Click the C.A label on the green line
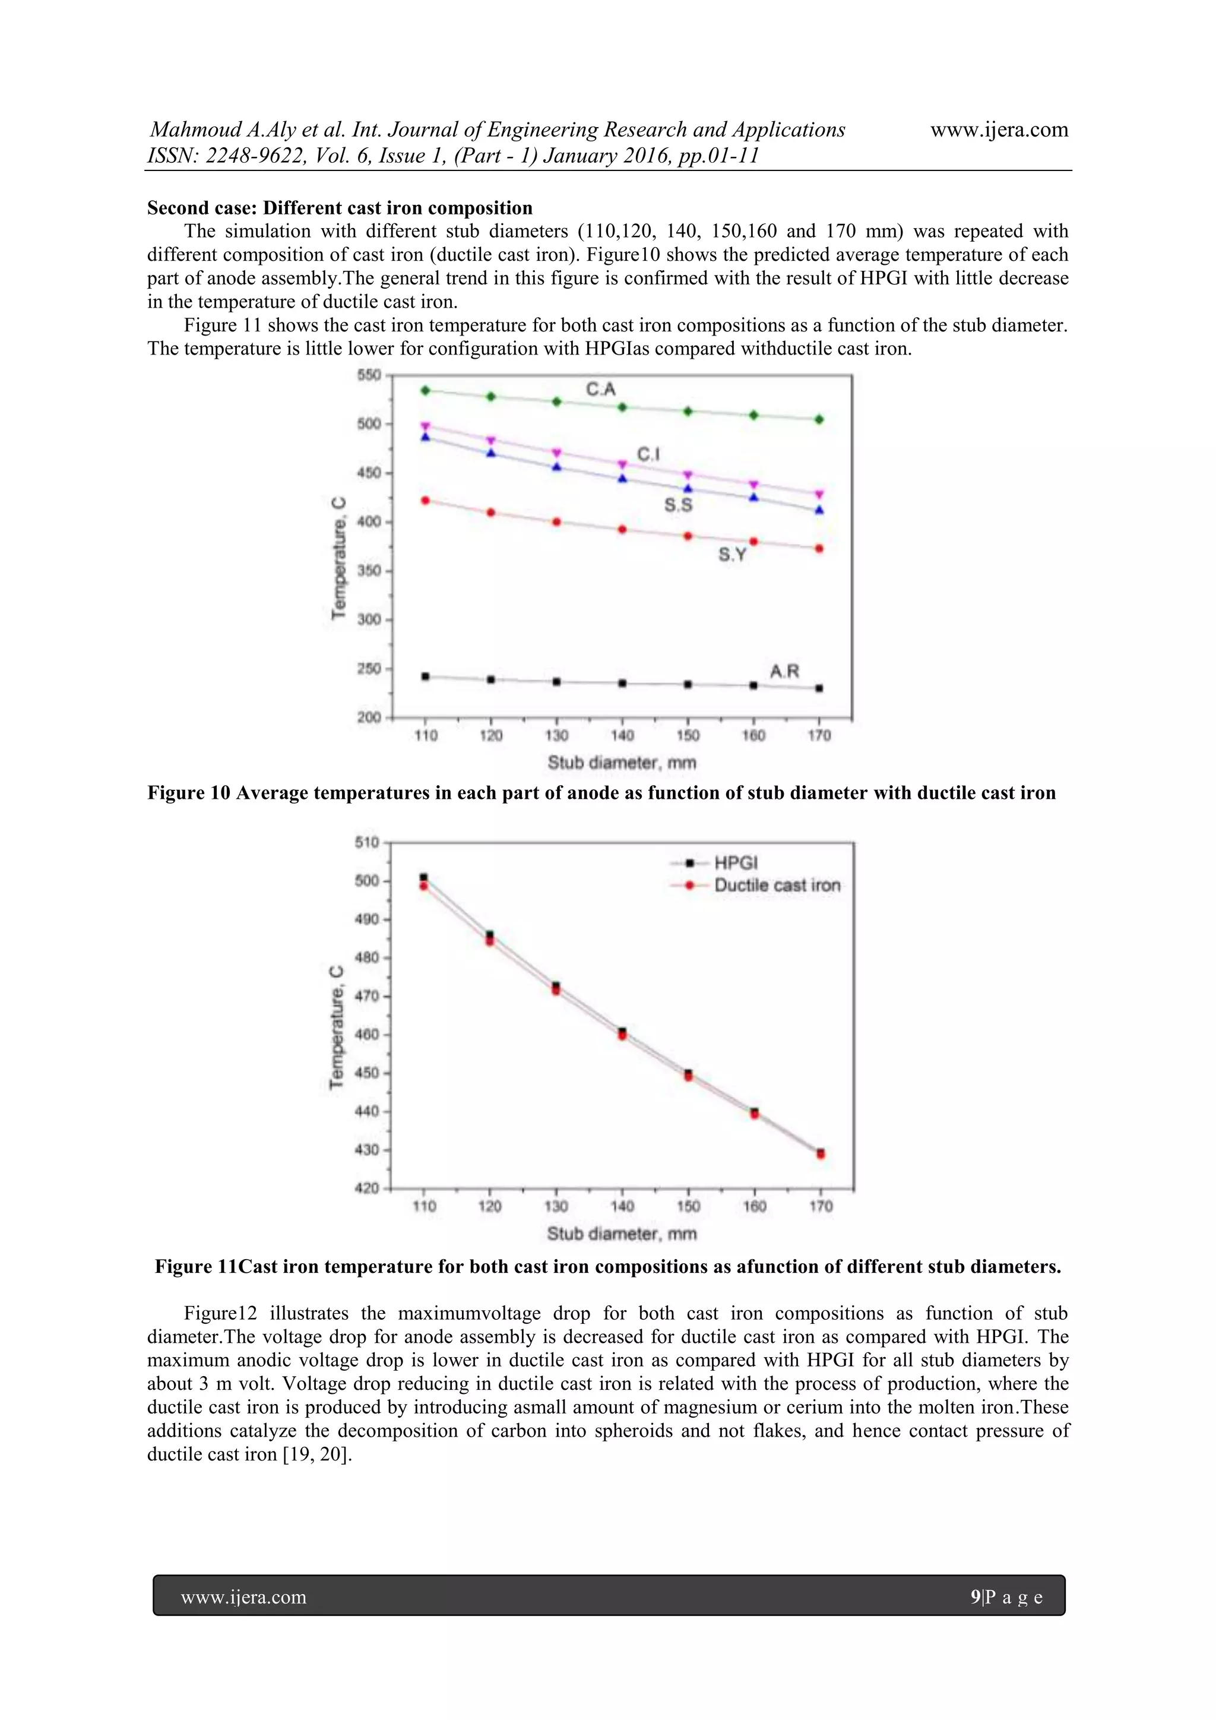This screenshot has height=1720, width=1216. (600, 389)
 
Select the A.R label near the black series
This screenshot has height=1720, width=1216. (785, 671)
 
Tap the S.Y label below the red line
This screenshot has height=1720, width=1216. (732, 554)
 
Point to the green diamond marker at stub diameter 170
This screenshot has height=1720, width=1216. (819, 419)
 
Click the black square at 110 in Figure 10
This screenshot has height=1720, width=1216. (425, 676)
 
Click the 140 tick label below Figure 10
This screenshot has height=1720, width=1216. (622, 736)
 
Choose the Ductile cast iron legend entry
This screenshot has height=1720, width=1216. (777, 886)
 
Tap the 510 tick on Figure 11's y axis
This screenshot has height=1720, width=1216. (367, 842)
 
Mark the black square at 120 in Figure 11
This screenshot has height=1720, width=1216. (490, 934)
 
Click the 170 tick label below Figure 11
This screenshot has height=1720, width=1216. (821, 1206)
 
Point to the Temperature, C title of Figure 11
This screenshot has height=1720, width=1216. (337, 1027)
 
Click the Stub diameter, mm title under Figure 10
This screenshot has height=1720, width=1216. (622, 763)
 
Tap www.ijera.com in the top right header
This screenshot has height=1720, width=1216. (999, 129)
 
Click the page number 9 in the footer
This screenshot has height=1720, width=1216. (975, 1597)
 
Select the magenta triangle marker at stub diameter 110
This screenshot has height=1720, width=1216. (425, 426)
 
